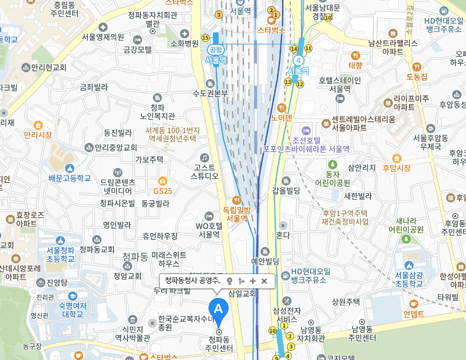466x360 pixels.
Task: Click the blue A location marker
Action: click(218, 309)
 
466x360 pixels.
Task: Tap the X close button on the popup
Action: click(264, 281)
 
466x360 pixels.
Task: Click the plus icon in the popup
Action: click(252, 281)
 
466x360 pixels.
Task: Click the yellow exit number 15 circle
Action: click(205, 37)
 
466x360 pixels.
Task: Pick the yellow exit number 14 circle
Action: click(294, 49)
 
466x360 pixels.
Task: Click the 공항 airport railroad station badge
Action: click(215, 50)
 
